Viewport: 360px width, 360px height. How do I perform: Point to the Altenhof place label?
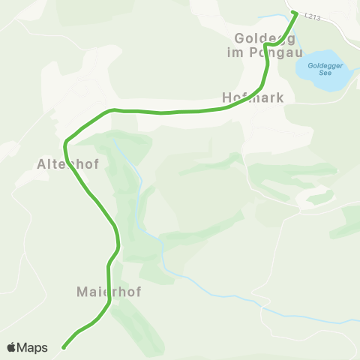tap(64, 163)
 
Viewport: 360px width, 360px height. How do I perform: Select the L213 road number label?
tap(313, 17)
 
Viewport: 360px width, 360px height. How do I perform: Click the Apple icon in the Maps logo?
tap(12, 347)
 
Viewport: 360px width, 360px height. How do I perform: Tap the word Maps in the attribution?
tap(33, 347)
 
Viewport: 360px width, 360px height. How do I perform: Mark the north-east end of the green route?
tap(295, 13)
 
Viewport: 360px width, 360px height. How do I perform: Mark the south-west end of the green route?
tap(64, 346)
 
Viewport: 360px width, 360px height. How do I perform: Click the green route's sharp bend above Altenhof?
tap(67, 141)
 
